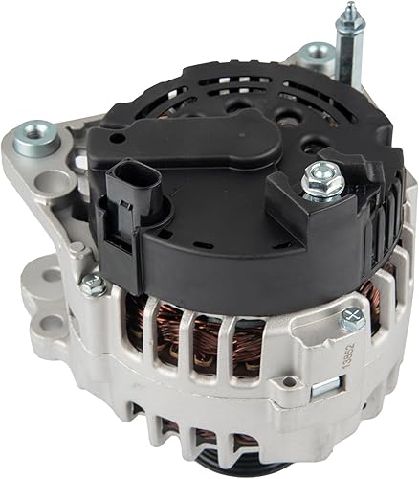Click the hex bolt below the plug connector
coord(93,284)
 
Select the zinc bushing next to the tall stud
coord(316,56)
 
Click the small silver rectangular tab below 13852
coord(327,386)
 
